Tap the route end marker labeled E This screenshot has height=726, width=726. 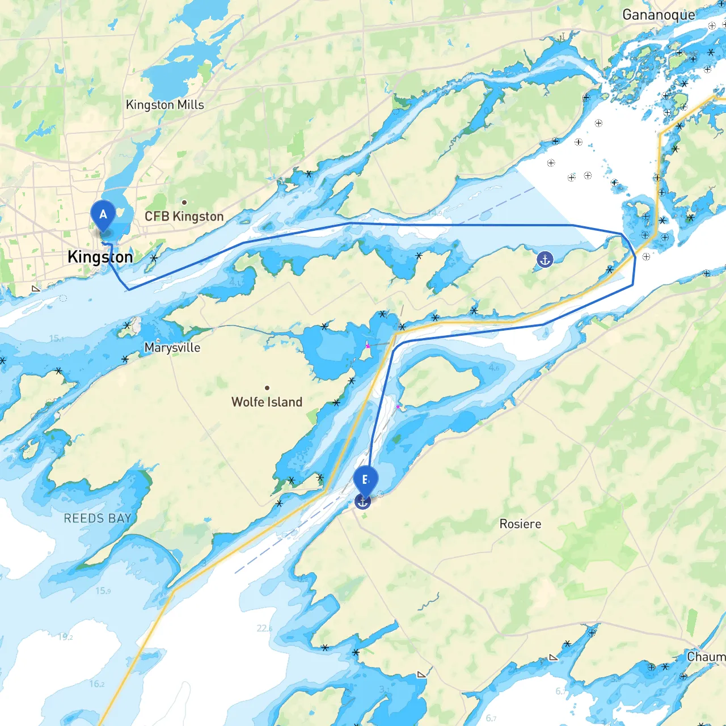(x=365, y=480)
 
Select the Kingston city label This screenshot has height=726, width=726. (x=100, y=257)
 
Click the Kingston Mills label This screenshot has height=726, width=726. (x=164, y=105)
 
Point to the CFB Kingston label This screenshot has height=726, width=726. (x=184, y=217)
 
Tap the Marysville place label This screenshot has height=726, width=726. (x=172, y=348)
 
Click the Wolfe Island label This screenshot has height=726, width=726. (x=267, y=402)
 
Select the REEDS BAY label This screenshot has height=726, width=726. (x=98, y=518)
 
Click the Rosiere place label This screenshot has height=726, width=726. (x=520, y=524)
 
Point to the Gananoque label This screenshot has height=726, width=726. (x=659, y=15)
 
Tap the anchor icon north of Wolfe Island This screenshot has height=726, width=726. (x=544, y=260)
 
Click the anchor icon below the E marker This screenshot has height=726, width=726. (x=362, y=501)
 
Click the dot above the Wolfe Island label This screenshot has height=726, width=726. (x=267, y=388)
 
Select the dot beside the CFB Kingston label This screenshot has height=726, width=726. (x=184, y=202)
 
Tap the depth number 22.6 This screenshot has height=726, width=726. (x=264, y=628)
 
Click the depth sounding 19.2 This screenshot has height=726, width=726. (x=65, y=637)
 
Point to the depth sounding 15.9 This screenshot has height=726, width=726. (x=103, y=591)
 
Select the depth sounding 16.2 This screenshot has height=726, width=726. (x=96, y=684)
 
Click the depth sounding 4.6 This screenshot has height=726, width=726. (x=494, y=368)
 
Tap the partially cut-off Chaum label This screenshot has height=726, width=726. (x=706, y=657)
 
